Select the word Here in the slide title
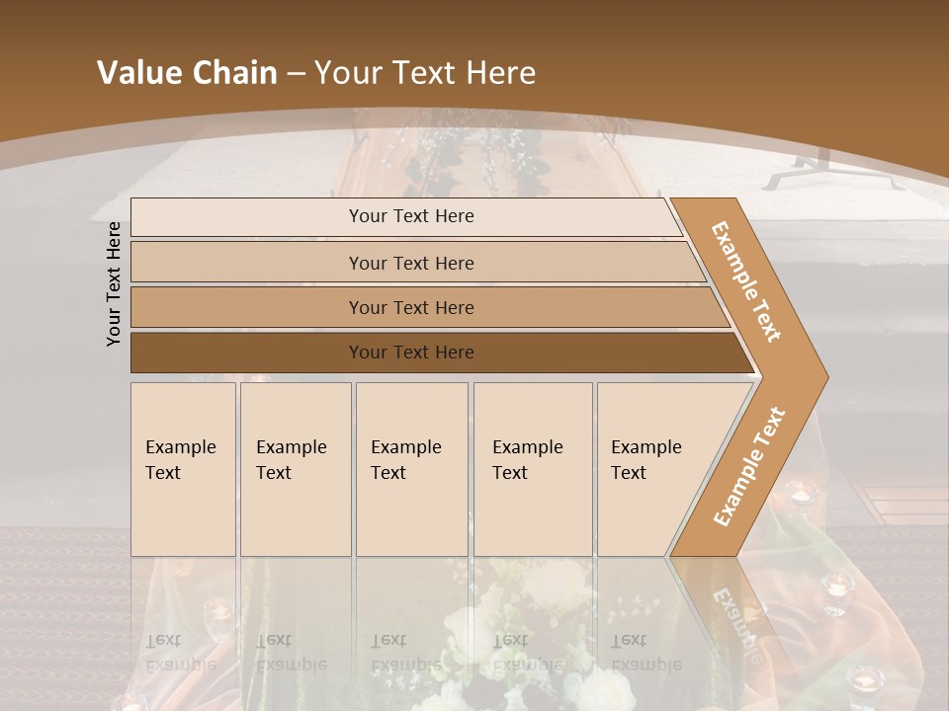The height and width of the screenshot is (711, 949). click(x=500, y=73)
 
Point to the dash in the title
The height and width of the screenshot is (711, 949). click(x=296, y=74)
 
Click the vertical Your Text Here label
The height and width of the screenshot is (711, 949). click(x=114, y=283)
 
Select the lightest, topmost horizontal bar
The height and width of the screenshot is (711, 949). click(x=410, y=216)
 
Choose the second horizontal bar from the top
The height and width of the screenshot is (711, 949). click(x=410, y=263)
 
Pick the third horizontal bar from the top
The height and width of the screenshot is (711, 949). click(x=410, y=307)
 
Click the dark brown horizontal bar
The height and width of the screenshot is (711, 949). click(x=410, y=353)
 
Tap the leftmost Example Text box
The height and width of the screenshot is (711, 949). click(x=183, y=469)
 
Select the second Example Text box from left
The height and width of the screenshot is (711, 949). click(x=295, y=469)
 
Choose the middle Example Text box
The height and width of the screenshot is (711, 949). click(x=411, y=469)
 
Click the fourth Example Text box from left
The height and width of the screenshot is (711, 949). click(x=532, y=469)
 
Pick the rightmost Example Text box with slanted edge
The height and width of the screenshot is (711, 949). click(x=652, y=469)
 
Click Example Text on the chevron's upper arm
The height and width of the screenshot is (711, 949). click(x=746, y=281)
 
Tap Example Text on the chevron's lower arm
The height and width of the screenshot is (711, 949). click(x=748, y=467)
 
